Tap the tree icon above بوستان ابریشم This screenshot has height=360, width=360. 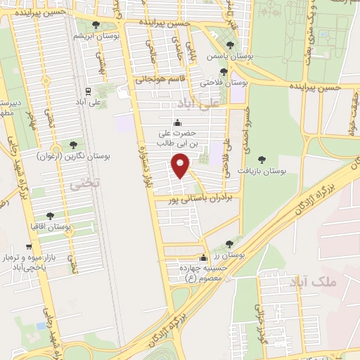point(96,25)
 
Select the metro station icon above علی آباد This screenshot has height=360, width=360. point(88,91)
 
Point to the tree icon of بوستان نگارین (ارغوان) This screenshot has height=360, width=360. point(72,145)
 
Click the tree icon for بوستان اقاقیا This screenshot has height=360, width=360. point(50,217)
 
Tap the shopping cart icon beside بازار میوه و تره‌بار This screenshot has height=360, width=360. point(28,247)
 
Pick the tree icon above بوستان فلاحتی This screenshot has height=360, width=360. point(224,71)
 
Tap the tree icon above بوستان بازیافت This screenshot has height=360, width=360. point(262,160)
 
